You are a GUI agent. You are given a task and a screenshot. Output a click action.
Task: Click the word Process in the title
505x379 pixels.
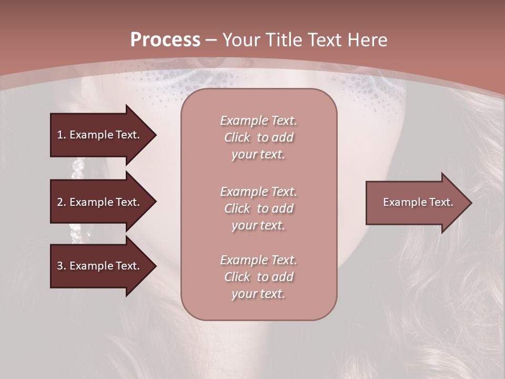pyautogui.click(x=165, y=40)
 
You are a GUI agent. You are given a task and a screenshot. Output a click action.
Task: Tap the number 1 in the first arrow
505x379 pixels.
pyautogui.click(x=59, y=135)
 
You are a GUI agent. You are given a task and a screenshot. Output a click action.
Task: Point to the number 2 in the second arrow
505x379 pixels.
pyautogui.click(x=59, y=202)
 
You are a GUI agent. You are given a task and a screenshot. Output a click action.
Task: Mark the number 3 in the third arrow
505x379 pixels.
pyautogui.click(x=59, y=266)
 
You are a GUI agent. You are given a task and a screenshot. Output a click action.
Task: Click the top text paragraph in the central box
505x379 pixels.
pyautogui.click(x=259, y=137)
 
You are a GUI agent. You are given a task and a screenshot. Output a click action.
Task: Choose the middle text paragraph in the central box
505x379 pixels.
pyautogui.click(x=259, y=208)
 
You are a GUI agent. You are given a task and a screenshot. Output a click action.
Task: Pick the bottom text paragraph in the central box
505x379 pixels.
pyautogui.click(x=259, y=277)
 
